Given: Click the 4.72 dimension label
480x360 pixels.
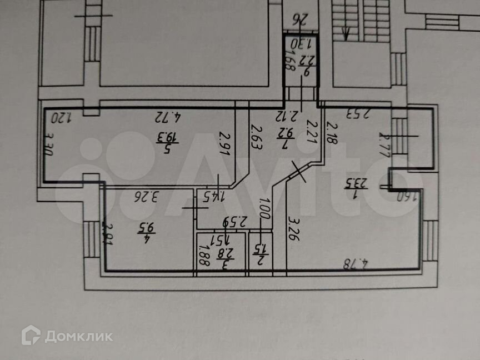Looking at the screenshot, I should pyautogui.click(x=169, y=117).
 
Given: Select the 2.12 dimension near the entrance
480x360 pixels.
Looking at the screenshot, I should pyautogui.click(x=286, y=116).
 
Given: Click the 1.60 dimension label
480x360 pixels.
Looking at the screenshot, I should pyautogui.click(x=407, y=196).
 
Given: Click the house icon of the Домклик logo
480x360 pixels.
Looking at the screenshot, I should pyautogui.click(x=31, y=336).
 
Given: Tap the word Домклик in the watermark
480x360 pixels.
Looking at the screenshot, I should pyautogui.click(x=78, y=336).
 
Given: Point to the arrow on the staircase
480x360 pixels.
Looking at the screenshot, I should pyautogui.click(x=346, y=34).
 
